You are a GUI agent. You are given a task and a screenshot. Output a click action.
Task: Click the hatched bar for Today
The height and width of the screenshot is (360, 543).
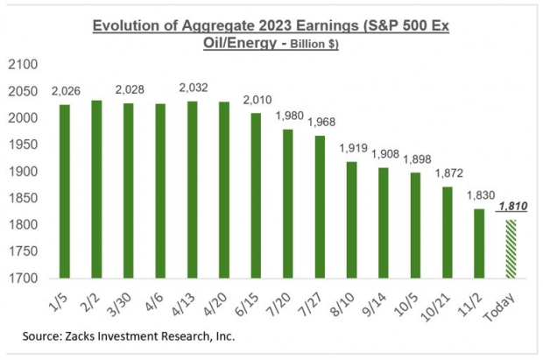click(x=510, y=249)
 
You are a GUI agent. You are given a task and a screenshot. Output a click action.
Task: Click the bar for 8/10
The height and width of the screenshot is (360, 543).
click(x=351, y=220)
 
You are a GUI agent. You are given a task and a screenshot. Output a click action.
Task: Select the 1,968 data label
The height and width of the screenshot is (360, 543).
click(x=321, y=122)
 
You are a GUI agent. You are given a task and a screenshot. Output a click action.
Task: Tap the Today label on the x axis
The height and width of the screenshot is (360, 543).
click(x=503, y=303)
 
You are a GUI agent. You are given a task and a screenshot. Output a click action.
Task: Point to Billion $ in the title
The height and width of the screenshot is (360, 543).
click(x=314, y=44)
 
